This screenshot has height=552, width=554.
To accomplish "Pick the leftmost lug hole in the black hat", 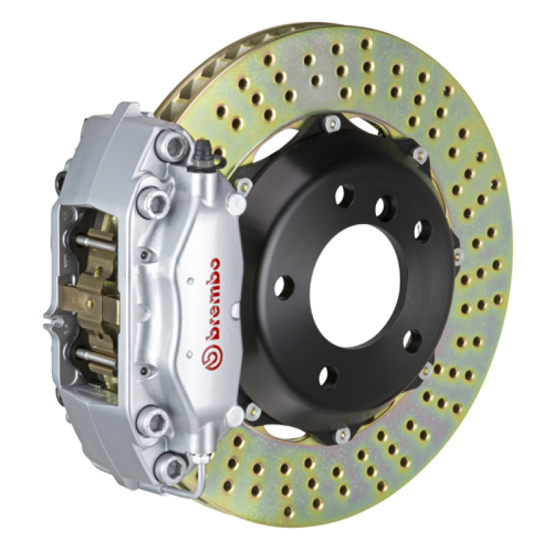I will [284, 286].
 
